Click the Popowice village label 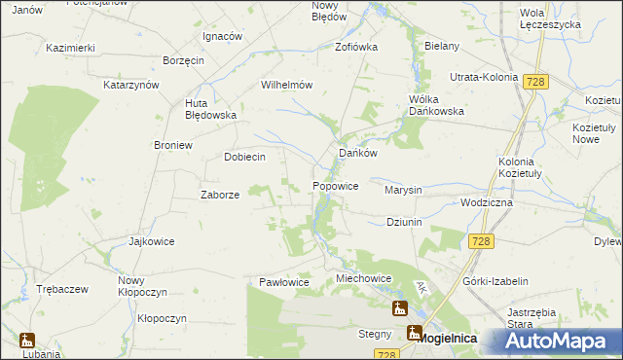(x=336, y=185)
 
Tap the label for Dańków (x=357, y=153)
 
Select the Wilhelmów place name (x=286, y=85)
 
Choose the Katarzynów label (x=131, y=85)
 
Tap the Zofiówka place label (x=355, y=46)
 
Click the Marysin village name (x=403, y=190)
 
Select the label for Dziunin (x=403, y=222)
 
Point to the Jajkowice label (x=151, y=240)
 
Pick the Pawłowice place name (x=283, y=282)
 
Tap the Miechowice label (x=363, y=278)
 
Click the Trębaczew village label (x=62, y=289)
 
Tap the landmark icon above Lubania (x=26, y=341)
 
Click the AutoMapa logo (x=562, y=342)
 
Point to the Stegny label (x=374, y=334)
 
